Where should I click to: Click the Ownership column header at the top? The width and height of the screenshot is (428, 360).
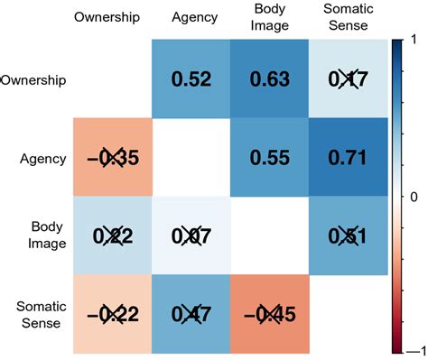pyautogui.click(x=107, y=17)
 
